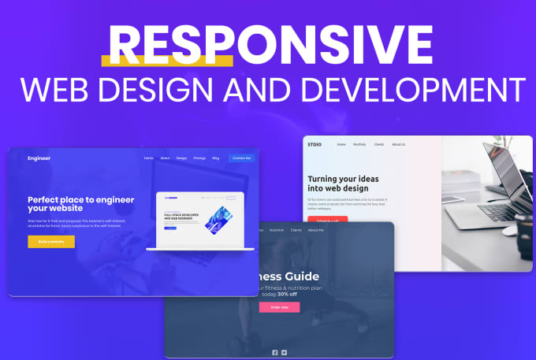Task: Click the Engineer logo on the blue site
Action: click(x=39, y=158)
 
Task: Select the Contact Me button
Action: click(x=241, y=158)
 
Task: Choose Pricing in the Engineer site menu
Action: click(x=199, y=158)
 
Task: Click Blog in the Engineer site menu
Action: click(x=215, y=158)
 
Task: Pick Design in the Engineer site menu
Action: click(x=182, y=158)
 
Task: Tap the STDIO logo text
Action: click(x=315, y=144)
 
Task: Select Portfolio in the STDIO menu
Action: click(x=359, y=144)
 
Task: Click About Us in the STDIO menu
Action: click(x=399, y=144)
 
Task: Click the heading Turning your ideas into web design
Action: click(x=340, y=184)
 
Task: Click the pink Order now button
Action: click(x=279, y=307)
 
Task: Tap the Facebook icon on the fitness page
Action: click(x=274, y=352)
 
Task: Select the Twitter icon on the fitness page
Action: click(x=285, y=352)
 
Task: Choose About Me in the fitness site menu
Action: click(x=316, y=230)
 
